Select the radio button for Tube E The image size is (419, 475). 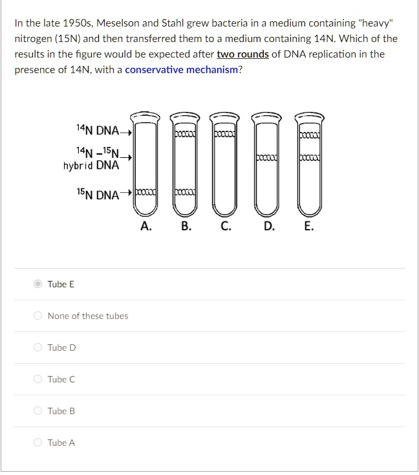38,284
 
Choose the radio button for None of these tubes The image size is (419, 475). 38,316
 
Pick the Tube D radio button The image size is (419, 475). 38,348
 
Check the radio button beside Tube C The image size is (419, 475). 38,379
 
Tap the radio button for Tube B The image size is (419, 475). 38,411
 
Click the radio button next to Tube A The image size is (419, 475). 38,443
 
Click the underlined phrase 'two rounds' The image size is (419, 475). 242,54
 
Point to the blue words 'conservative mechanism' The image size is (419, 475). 181,69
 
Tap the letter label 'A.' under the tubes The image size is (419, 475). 146,226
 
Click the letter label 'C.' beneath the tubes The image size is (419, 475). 225,226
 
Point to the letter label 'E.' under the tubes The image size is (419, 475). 308,226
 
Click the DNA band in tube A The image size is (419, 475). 145,193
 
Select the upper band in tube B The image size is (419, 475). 185,133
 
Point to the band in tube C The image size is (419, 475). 226,133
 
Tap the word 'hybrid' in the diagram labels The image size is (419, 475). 78,165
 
